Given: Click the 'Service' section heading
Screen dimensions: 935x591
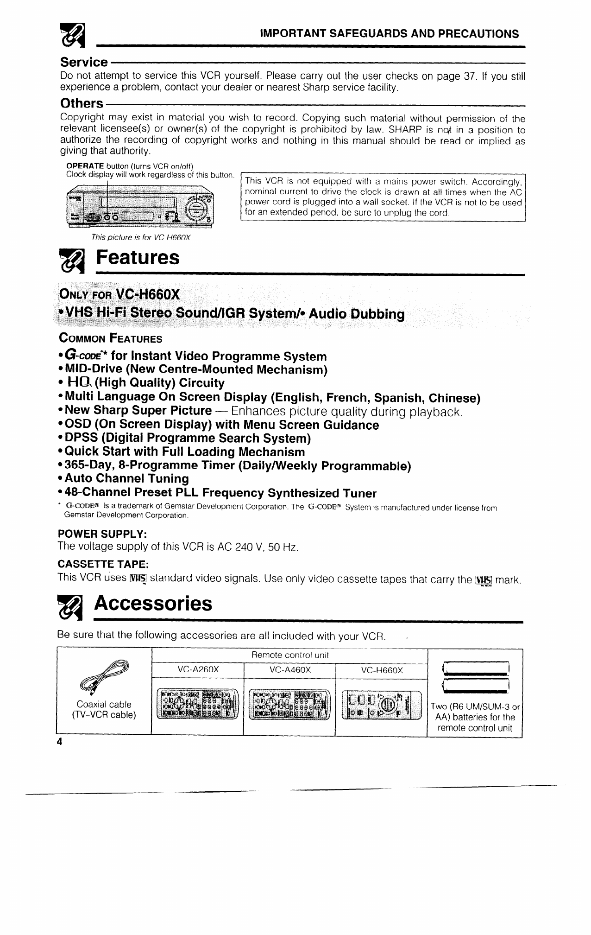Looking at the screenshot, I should coord(84,62).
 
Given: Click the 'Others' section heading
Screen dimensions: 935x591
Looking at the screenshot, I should coord(82,103).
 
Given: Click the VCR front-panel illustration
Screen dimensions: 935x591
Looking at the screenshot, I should coord(141,207).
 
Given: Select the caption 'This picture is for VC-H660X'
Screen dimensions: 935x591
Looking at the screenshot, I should coord(141,237).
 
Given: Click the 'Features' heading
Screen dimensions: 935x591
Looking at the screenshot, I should coord(137,258).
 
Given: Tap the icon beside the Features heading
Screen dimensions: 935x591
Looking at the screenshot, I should coord(70,260).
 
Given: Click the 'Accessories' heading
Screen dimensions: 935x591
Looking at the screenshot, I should coord(153,604).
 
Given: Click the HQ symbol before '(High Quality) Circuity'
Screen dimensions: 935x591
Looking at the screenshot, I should coord(77,382).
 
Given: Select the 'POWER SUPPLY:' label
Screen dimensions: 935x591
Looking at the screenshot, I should coord(102,534).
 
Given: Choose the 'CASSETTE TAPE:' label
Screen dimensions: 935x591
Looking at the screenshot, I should coord(102,564).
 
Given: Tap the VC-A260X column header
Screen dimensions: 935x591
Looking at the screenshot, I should coord(198,670).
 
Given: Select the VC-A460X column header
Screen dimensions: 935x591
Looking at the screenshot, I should coord(289,670).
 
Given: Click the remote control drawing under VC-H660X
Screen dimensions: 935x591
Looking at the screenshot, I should coord(381,705).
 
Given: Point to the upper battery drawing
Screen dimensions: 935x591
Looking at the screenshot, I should coord(476,668).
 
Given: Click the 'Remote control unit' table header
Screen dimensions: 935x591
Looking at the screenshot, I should coord(289,655).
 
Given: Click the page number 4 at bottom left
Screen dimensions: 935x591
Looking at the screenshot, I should coord(59,741).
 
